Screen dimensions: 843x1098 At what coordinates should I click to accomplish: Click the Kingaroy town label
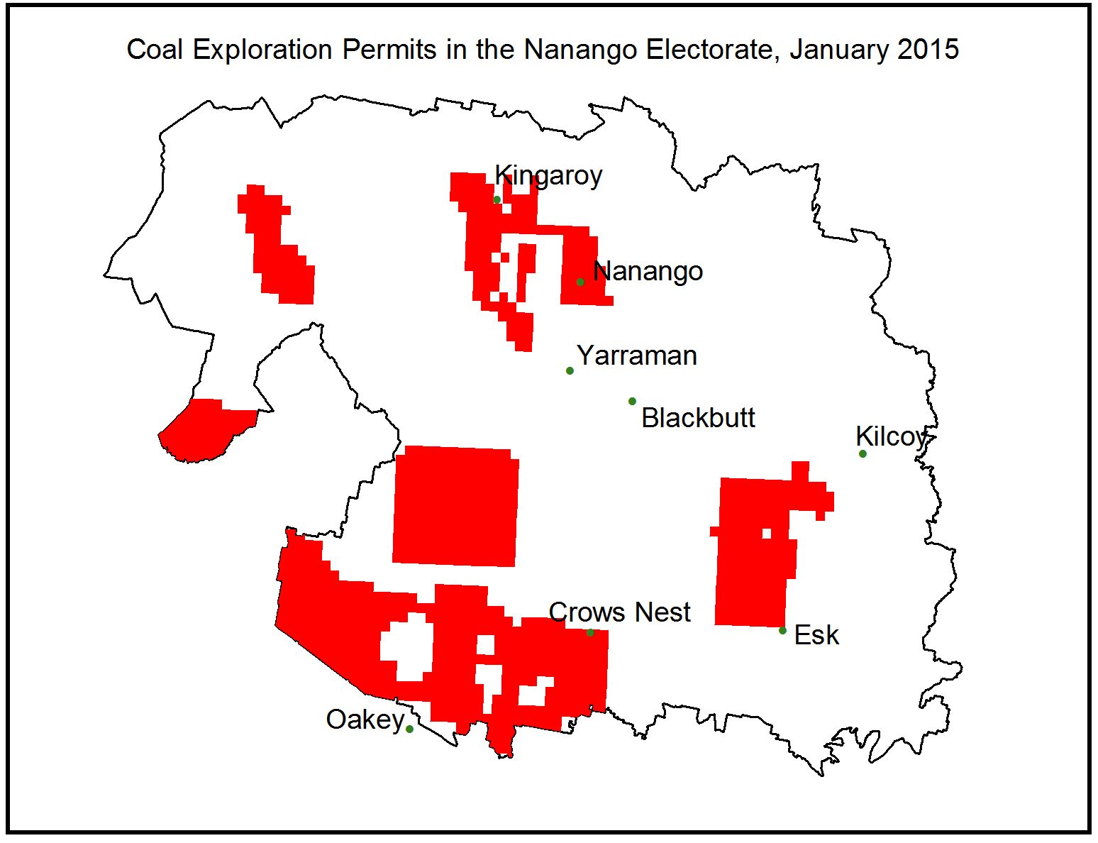(548, 175)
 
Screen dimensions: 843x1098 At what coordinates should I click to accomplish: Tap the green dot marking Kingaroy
(497, 199)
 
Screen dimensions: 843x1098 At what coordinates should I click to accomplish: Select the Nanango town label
(648, 271)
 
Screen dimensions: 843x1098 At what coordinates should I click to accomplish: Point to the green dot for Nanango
(580, 282)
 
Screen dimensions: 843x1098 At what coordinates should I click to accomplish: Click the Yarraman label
(636, 356)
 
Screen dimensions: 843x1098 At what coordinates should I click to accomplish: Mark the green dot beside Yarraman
(570, 370)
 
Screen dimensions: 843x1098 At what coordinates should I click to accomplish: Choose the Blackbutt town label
(698, 418)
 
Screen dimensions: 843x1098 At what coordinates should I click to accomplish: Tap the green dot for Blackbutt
(632, 401)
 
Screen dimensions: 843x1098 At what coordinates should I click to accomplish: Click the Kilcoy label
(891, 436)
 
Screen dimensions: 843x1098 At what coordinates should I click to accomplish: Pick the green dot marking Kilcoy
(863, 453)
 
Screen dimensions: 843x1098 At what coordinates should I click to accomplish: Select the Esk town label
(816, 635)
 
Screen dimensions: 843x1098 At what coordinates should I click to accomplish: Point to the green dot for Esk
(782, 630)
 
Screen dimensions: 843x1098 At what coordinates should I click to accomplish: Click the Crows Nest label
(619, 612)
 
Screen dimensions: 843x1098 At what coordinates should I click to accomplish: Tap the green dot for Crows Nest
(590, 632)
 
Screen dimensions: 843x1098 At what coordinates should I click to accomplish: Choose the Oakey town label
(365, 720)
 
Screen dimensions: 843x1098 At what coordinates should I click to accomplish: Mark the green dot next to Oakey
(409, 729)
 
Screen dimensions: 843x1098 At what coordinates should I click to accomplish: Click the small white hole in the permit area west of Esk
(766, 533)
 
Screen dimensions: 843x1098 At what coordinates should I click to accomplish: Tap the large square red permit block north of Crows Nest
(455, 506)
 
